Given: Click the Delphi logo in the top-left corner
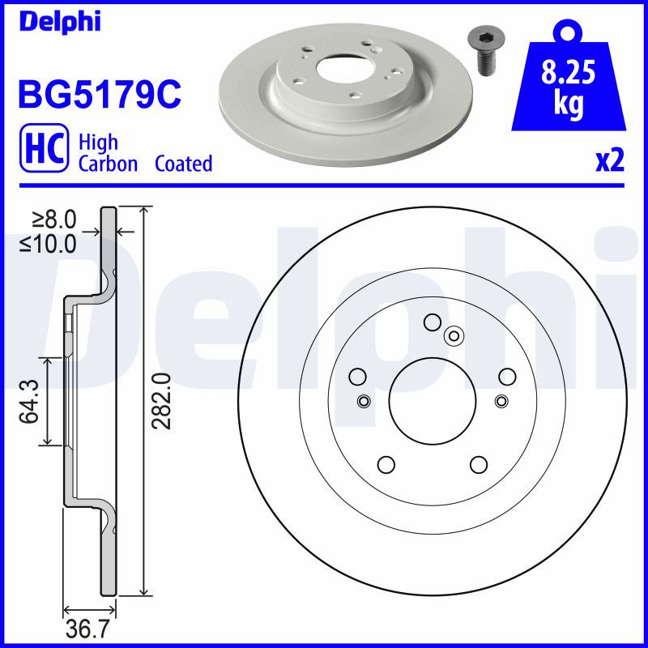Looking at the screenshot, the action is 60,21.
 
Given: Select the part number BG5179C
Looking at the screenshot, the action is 100,94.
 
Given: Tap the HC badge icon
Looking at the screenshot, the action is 45,147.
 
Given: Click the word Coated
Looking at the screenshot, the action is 184,164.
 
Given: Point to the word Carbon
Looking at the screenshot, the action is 108,164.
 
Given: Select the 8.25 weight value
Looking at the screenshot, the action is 569,72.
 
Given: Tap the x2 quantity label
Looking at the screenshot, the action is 610,160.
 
